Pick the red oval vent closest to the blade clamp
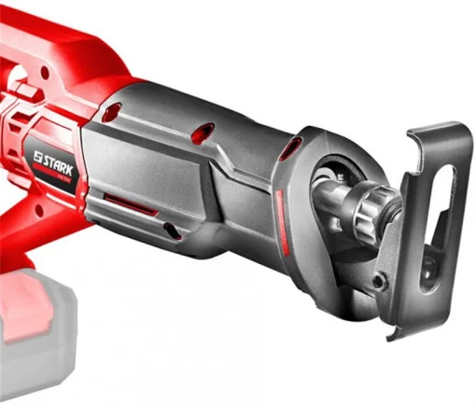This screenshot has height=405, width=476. coord(294,146)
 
